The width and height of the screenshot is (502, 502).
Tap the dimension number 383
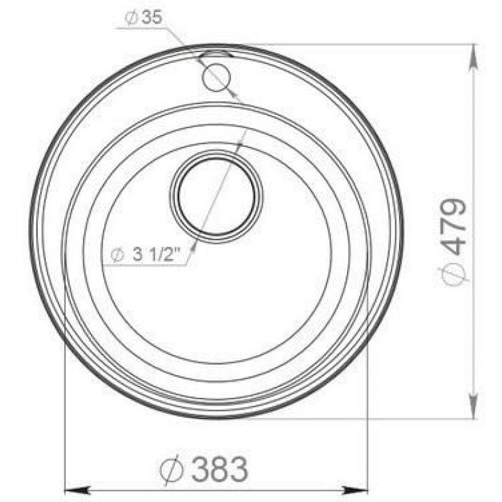[220, 469]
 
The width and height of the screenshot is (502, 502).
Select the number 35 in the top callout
[152, 17]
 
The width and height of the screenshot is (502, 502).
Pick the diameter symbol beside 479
[452, 272]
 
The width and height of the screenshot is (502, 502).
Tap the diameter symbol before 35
[131, 18]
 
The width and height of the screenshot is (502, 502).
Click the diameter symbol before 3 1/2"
[117, 255]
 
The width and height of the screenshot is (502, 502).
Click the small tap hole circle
[216, 77]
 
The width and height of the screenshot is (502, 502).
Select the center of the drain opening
[216, 196]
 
